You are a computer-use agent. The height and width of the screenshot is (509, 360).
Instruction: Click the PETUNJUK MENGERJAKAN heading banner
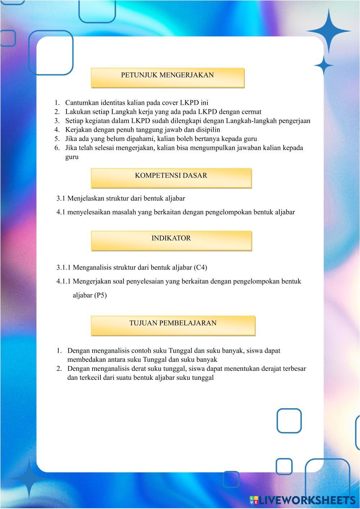(167, 77)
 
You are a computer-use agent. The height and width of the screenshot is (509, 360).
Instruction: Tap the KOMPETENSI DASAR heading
(171, 177)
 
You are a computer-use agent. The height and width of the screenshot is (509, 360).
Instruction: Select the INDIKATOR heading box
(171, 240)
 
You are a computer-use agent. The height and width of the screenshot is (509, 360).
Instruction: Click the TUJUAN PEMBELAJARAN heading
(173, 325)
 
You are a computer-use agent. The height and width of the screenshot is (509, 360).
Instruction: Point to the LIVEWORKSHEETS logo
(302, 500)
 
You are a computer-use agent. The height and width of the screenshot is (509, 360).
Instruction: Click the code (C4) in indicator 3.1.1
(201, 267)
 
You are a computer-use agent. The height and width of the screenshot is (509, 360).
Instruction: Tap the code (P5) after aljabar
(100, 296)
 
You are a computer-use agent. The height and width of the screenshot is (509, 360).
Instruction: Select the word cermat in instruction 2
(251, 112)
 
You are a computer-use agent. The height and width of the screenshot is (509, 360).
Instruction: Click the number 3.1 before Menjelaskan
(61, 198)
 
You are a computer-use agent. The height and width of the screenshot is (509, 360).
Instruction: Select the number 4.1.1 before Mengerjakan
(64, 281)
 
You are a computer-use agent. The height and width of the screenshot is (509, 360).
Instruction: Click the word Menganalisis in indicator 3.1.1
(92, 267)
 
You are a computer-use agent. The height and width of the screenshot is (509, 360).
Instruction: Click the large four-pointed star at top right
(328, 31)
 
